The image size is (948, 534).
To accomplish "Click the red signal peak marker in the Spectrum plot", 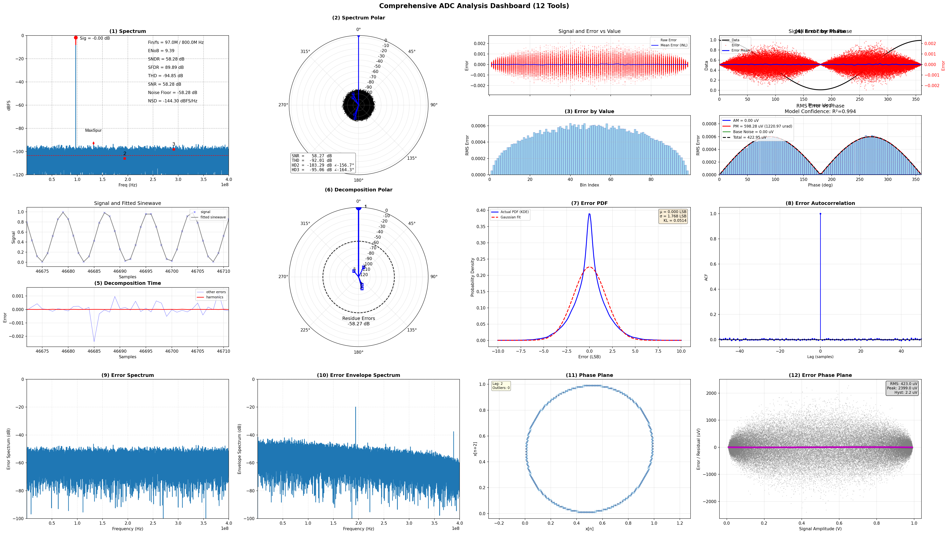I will point(76,37).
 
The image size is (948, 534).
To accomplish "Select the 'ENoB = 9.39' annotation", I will point(161,51).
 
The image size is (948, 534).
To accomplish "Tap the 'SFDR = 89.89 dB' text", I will point(166,67).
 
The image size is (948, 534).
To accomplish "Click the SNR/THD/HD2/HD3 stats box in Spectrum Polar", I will point(323,163).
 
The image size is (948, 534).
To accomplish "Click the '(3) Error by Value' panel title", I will point(589,111).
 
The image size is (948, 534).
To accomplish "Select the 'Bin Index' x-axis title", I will point(589,185).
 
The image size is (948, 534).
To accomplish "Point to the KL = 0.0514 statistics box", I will point(673,216).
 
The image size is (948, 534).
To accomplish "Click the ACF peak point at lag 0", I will point(820,214).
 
